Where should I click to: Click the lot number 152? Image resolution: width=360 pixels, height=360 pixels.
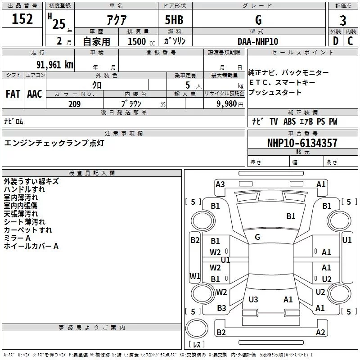click(22, 19)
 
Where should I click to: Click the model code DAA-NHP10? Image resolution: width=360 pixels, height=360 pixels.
click(258, 41)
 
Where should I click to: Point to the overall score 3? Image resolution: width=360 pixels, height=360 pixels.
click(343, 21)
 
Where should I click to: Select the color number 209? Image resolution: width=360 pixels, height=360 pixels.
click(74, 104)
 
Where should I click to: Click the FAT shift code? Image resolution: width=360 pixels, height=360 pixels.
click(13, 94)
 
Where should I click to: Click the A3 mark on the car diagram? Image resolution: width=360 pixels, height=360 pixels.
click(220, 184)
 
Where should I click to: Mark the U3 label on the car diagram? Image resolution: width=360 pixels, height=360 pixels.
click(253, 299)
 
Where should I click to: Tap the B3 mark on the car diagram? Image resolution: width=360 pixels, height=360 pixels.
click(221, 308)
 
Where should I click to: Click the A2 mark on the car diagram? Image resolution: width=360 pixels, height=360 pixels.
click(320, 333)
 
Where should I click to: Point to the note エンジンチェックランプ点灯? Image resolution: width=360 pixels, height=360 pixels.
click(54, 143)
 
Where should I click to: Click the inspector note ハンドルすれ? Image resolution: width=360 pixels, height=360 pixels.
click(27, 189)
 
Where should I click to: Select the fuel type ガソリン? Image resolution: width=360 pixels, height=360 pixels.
click(175, 41)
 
